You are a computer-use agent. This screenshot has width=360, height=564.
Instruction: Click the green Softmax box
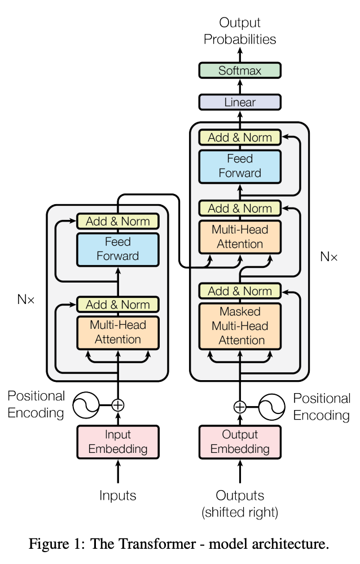[x=240, y=71]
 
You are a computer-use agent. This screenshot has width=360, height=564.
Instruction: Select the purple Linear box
[x=240, y=102]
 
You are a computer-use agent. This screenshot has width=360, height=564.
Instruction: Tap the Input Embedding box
[x=118, y=442]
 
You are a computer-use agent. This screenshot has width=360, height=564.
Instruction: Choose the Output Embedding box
[x=240, y=442]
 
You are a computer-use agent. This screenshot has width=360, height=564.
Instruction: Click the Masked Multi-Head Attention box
[x=240, y=326]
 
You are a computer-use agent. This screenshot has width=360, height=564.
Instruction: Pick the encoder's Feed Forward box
[x=118, y=249]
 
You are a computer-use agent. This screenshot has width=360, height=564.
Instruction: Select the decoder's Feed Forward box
[x=240, y=166]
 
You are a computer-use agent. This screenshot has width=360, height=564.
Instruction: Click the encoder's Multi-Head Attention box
[x=118, y=332]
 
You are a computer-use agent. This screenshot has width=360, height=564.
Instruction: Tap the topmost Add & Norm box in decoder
[x=240, y=137]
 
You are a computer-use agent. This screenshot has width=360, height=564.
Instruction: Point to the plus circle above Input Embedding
[x=118, y=404]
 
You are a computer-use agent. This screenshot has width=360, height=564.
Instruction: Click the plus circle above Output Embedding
[x=240, y=406]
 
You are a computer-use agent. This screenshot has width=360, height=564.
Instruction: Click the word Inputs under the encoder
[x=118, y=496]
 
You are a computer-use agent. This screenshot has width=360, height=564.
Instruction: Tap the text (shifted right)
[x=240, y=512]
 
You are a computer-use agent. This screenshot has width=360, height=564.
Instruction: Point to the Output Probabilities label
[x=240, y=31]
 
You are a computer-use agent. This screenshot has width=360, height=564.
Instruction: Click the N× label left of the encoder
[x=25, y=299]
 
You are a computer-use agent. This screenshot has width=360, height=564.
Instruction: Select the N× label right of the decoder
[x=329, y=257]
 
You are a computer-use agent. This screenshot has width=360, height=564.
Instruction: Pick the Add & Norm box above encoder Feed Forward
[x=118, y=221]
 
